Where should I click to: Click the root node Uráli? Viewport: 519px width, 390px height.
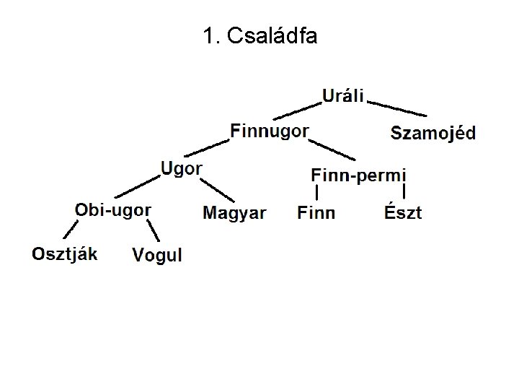343,95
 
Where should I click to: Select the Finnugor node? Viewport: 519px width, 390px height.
270,131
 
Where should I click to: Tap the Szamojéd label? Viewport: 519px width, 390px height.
432,133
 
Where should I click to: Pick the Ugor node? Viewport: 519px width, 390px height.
181,169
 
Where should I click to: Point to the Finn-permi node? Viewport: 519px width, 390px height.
358,175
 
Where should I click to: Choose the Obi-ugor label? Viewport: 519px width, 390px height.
113,209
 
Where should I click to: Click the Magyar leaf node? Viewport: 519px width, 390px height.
234,213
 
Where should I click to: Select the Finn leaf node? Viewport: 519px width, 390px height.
316,213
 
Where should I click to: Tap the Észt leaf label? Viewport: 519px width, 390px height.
403,213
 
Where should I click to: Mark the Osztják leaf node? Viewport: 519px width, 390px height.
65,253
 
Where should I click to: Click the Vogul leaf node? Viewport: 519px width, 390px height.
157,255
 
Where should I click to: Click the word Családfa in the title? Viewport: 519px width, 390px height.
271,36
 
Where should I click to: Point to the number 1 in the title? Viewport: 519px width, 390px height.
209,36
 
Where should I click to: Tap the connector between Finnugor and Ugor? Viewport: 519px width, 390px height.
207,148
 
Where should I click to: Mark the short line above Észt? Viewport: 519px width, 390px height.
404,192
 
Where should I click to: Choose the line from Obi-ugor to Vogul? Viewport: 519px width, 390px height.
154,231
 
